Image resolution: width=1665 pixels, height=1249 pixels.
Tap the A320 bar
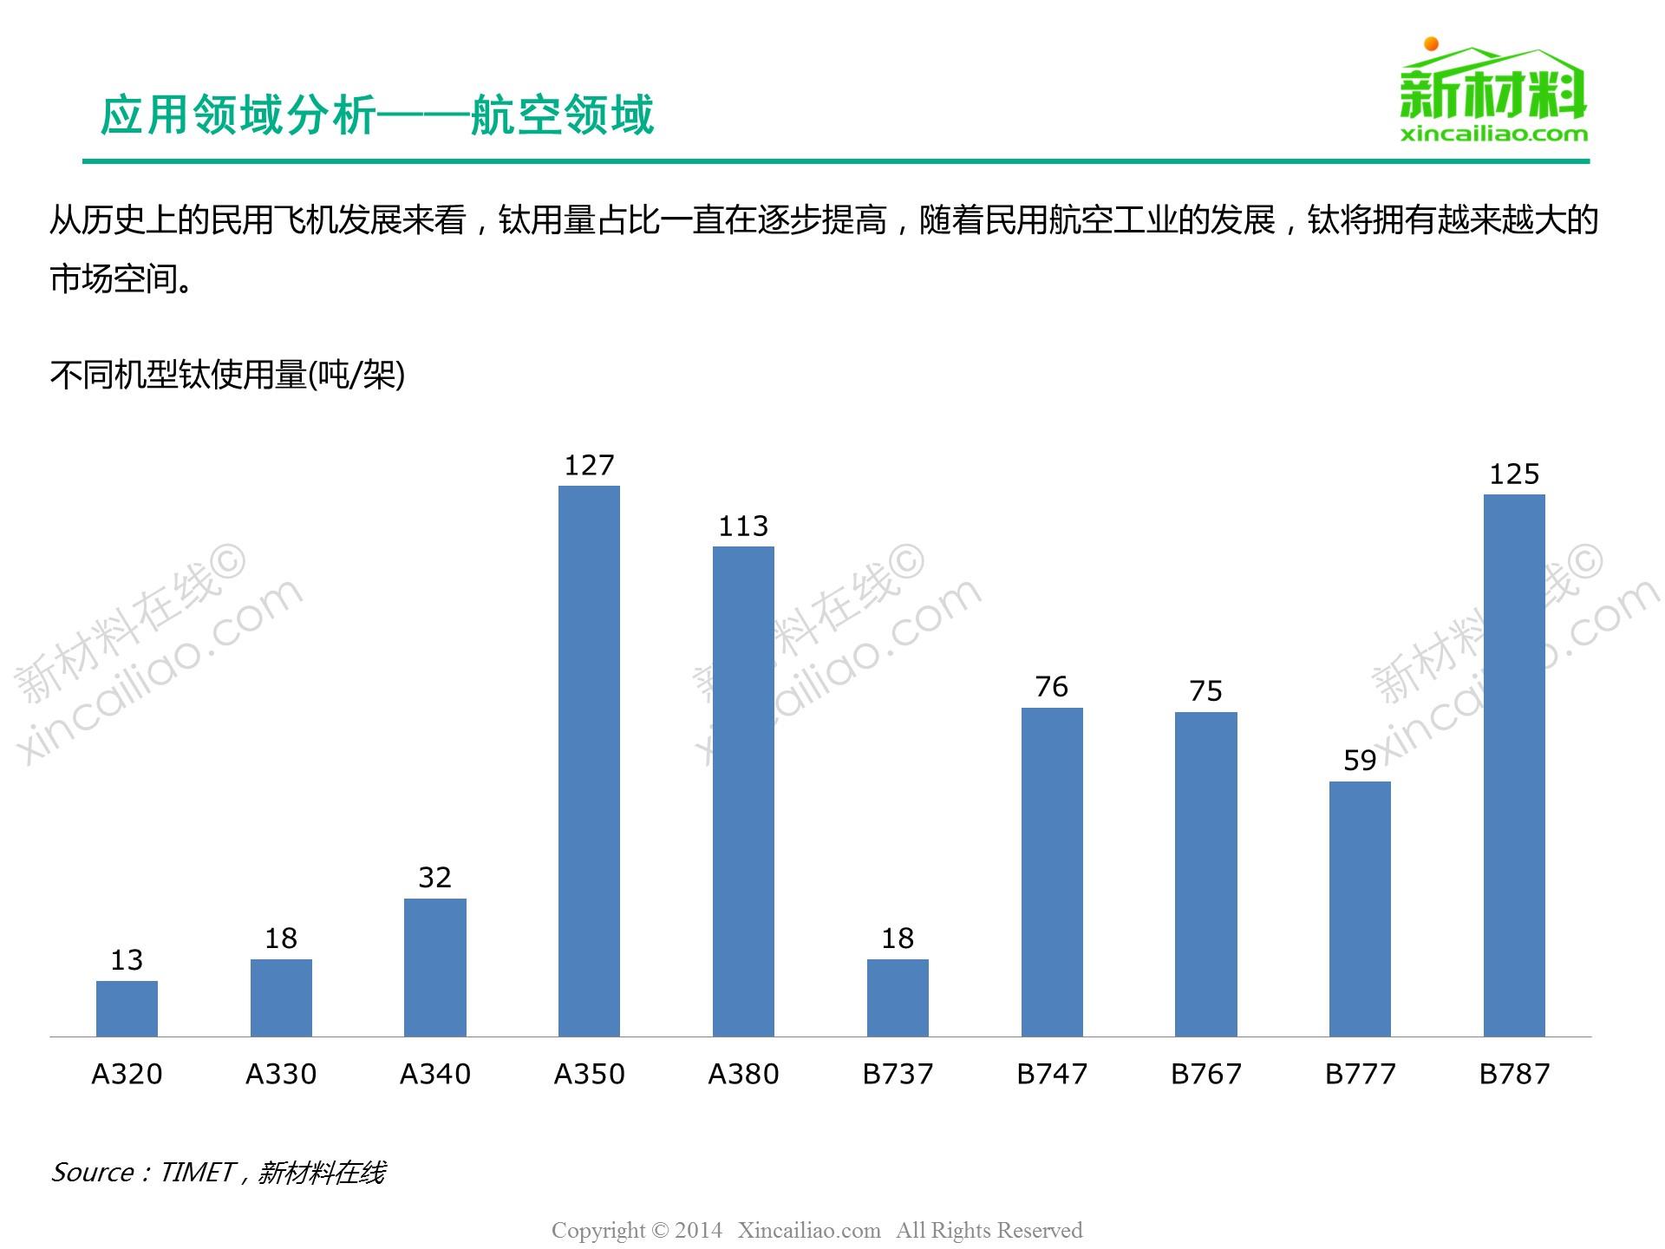click(127, 1008)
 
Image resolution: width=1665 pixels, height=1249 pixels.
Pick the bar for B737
click(898, 997)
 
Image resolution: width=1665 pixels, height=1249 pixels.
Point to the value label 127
click(589, 466)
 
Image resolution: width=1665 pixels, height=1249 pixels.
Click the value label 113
click(743, 526)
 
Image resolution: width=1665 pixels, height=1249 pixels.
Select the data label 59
click(1360, 761)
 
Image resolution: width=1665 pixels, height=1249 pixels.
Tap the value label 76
click(1051, 687)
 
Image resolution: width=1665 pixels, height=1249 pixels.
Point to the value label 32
click(434, 878)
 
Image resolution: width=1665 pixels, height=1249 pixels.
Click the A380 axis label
click(743, 1074)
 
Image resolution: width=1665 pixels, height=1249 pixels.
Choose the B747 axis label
click(1051, 1074)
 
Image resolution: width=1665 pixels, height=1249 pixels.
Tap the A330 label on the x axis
click(281, 1074)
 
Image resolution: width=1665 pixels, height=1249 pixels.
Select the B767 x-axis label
click(1205, 1074)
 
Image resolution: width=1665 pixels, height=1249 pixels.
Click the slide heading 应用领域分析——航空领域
click(377, 115)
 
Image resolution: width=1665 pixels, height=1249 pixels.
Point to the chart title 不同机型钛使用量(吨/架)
click(227, 375)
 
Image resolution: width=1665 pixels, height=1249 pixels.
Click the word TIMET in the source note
click(198, 1173)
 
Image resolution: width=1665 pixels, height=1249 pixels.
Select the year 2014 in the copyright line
click(698, 1230)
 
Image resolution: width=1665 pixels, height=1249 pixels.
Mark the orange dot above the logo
click(1431, 43)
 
